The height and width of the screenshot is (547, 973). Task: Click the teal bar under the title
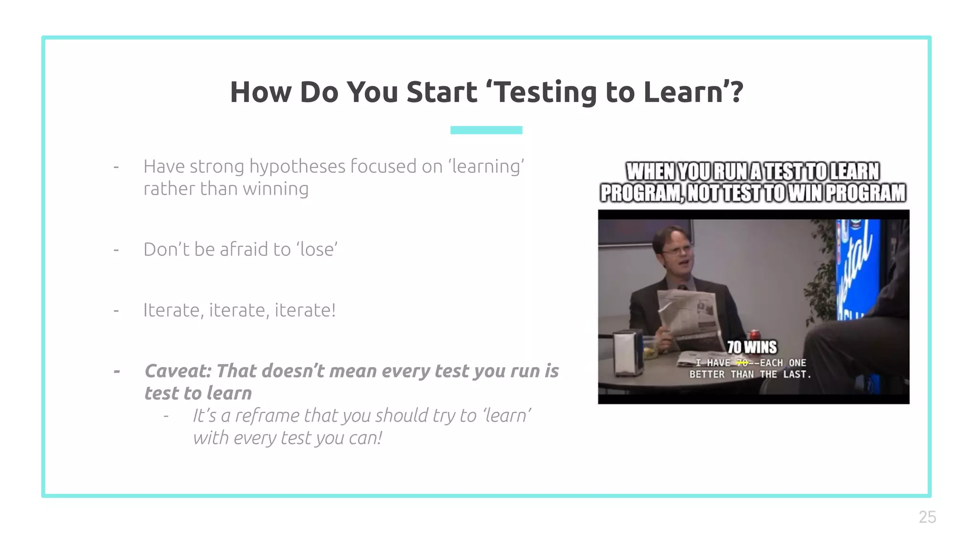486,130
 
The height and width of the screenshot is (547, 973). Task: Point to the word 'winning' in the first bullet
276,189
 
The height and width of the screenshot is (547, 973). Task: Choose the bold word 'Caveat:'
178,371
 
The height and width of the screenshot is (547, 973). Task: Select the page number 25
927,517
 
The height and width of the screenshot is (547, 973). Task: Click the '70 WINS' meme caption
752,347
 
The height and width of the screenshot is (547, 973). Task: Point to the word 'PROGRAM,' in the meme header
642,193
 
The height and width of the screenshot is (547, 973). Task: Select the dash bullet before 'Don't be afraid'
116,250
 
